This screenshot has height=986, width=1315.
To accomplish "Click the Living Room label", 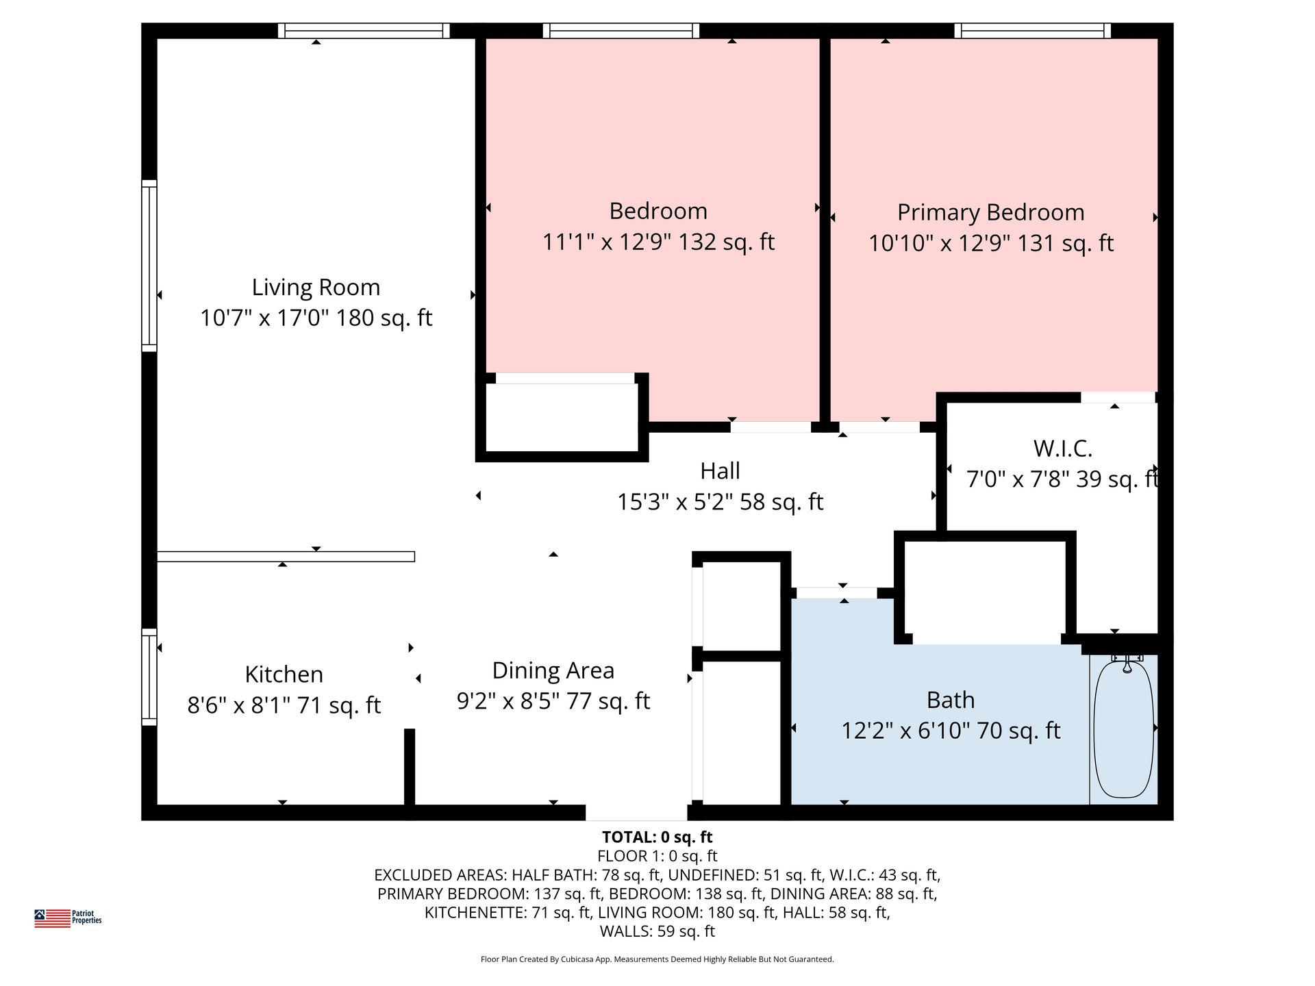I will pos(316,287).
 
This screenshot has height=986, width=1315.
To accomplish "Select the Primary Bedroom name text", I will pos(990,212).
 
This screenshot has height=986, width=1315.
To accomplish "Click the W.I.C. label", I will pos(1062,448).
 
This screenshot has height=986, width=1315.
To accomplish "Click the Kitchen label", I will pos(284,674).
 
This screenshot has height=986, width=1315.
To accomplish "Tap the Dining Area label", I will pos(553,670).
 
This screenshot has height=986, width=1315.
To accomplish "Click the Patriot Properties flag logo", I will pos(53,918).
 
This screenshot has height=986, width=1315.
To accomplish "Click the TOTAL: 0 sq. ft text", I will pos(657,837).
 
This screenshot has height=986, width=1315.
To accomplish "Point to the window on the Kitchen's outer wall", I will pos(149,677).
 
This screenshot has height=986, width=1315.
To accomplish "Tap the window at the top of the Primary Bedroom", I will pos(1032,30).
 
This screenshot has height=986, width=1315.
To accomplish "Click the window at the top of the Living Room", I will pos(364,30).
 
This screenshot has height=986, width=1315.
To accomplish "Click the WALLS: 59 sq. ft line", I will pos(657,931).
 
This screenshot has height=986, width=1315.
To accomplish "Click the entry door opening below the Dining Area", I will pos(636,813).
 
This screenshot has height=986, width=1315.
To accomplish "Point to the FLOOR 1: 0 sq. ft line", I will pos(657,856).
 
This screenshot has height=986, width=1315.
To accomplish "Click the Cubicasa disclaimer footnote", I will pos(657,959).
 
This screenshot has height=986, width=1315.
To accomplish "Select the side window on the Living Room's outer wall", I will pos(149,266).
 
